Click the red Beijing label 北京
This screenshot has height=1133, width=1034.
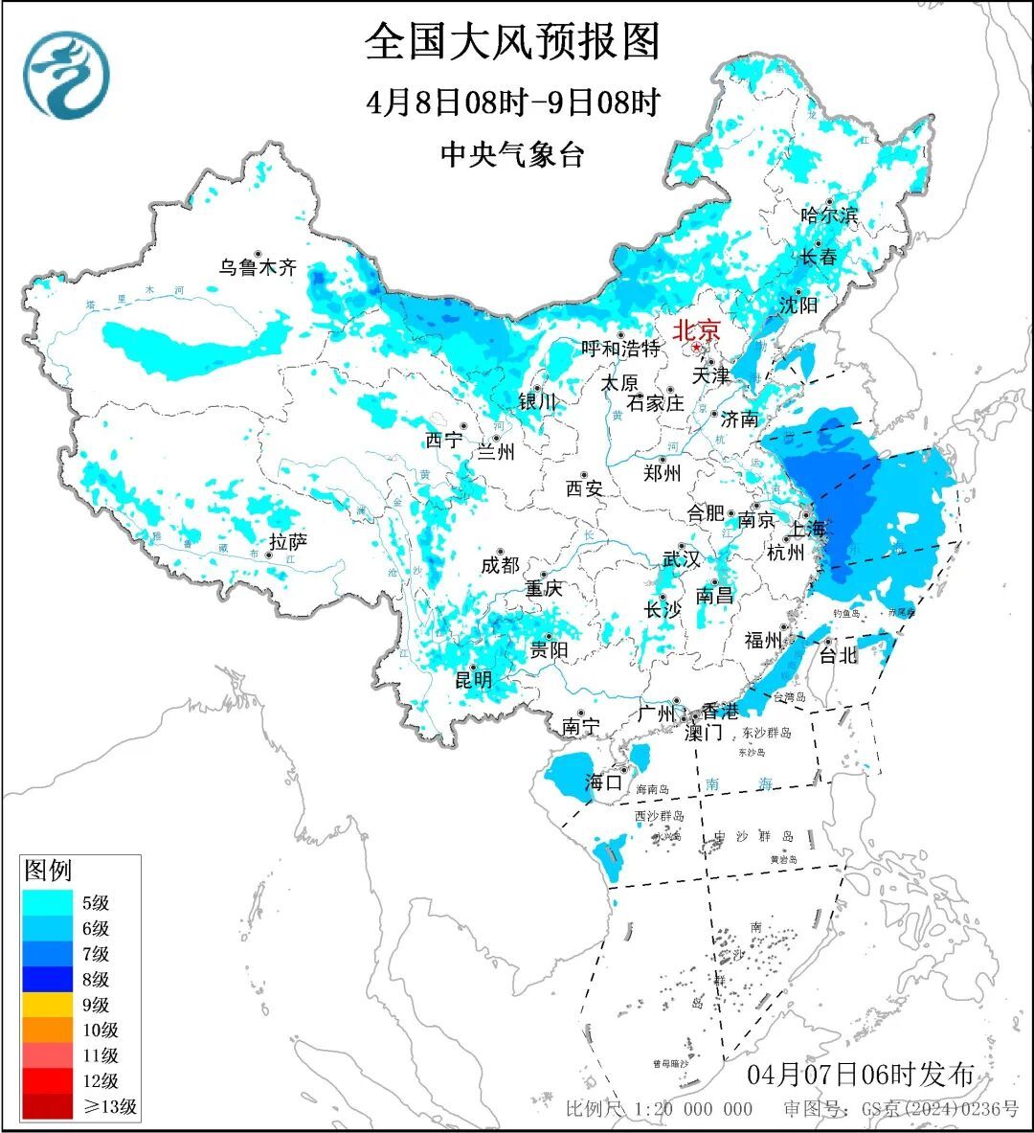(x=696, y=330)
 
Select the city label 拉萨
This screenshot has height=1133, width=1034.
(x=288, y=542)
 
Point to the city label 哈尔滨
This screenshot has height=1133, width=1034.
(x=829, y=215)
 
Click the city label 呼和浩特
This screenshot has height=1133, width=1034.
(x=620, y=349)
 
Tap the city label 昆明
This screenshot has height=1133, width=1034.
(x=473, y=679)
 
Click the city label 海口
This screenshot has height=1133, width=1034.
(x=603, y=782)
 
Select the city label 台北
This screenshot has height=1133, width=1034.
(x=838, y=655)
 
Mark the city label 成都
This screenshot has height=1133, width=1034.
(x=499, y=565)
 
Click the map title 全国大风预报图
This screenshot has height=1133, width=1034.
(x=513, y=42)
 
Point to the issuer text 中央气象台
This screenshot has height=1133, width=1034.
(x=512, y=154)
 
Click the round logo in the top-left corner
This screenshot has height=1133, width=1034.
(x=67, y=75)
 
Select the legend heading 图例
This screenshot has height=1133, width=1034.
(x=48, y=870)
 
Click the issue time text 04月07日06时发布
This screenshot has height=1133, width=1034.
(x=860, y=1074)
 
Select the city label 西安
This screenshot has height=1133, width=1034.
(x=583, y=488)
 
